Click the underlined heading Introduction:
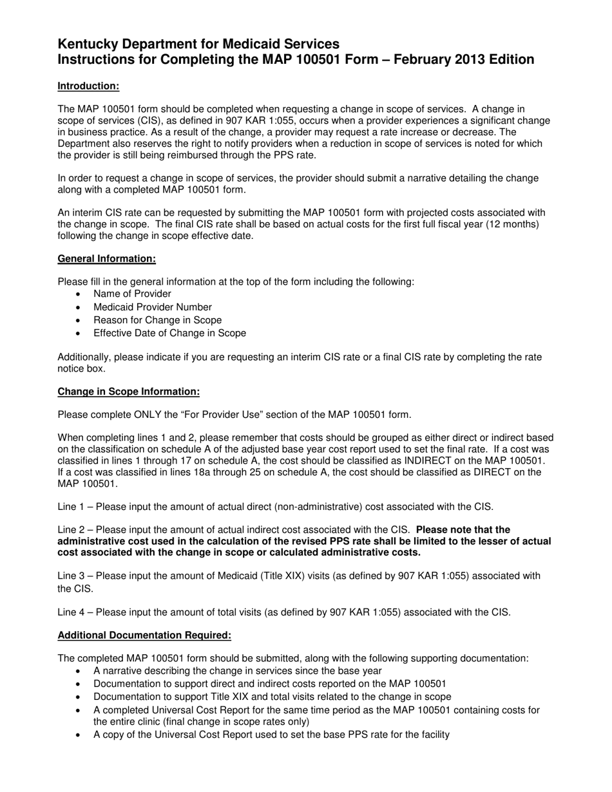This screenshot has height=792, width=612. coord(88,86)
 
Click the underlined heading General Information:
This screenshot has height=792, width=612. coord(106,258)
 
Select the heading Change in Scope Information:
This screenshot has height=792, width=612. coord(128,391)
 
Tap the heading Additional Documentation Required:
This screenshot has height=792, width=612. coord(144,635)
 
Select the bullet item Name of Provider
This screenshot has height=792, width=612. coord(123,294)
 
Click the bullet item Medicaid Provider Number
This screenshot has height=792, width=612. coord(152,307)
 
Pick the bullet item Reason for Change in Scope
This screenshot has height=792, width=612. coord(157,320)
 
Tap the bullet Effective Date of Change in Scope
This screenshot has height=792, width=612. coord(169,333)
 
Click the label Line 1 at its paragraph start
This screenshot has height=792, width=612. coord(71,507)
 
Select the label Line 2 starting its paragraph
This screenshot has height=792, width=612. coord(71,530)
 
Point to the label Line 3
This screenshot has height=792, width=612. coord(71,576)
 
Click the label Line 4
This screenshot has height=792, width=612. coord(71,612)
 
